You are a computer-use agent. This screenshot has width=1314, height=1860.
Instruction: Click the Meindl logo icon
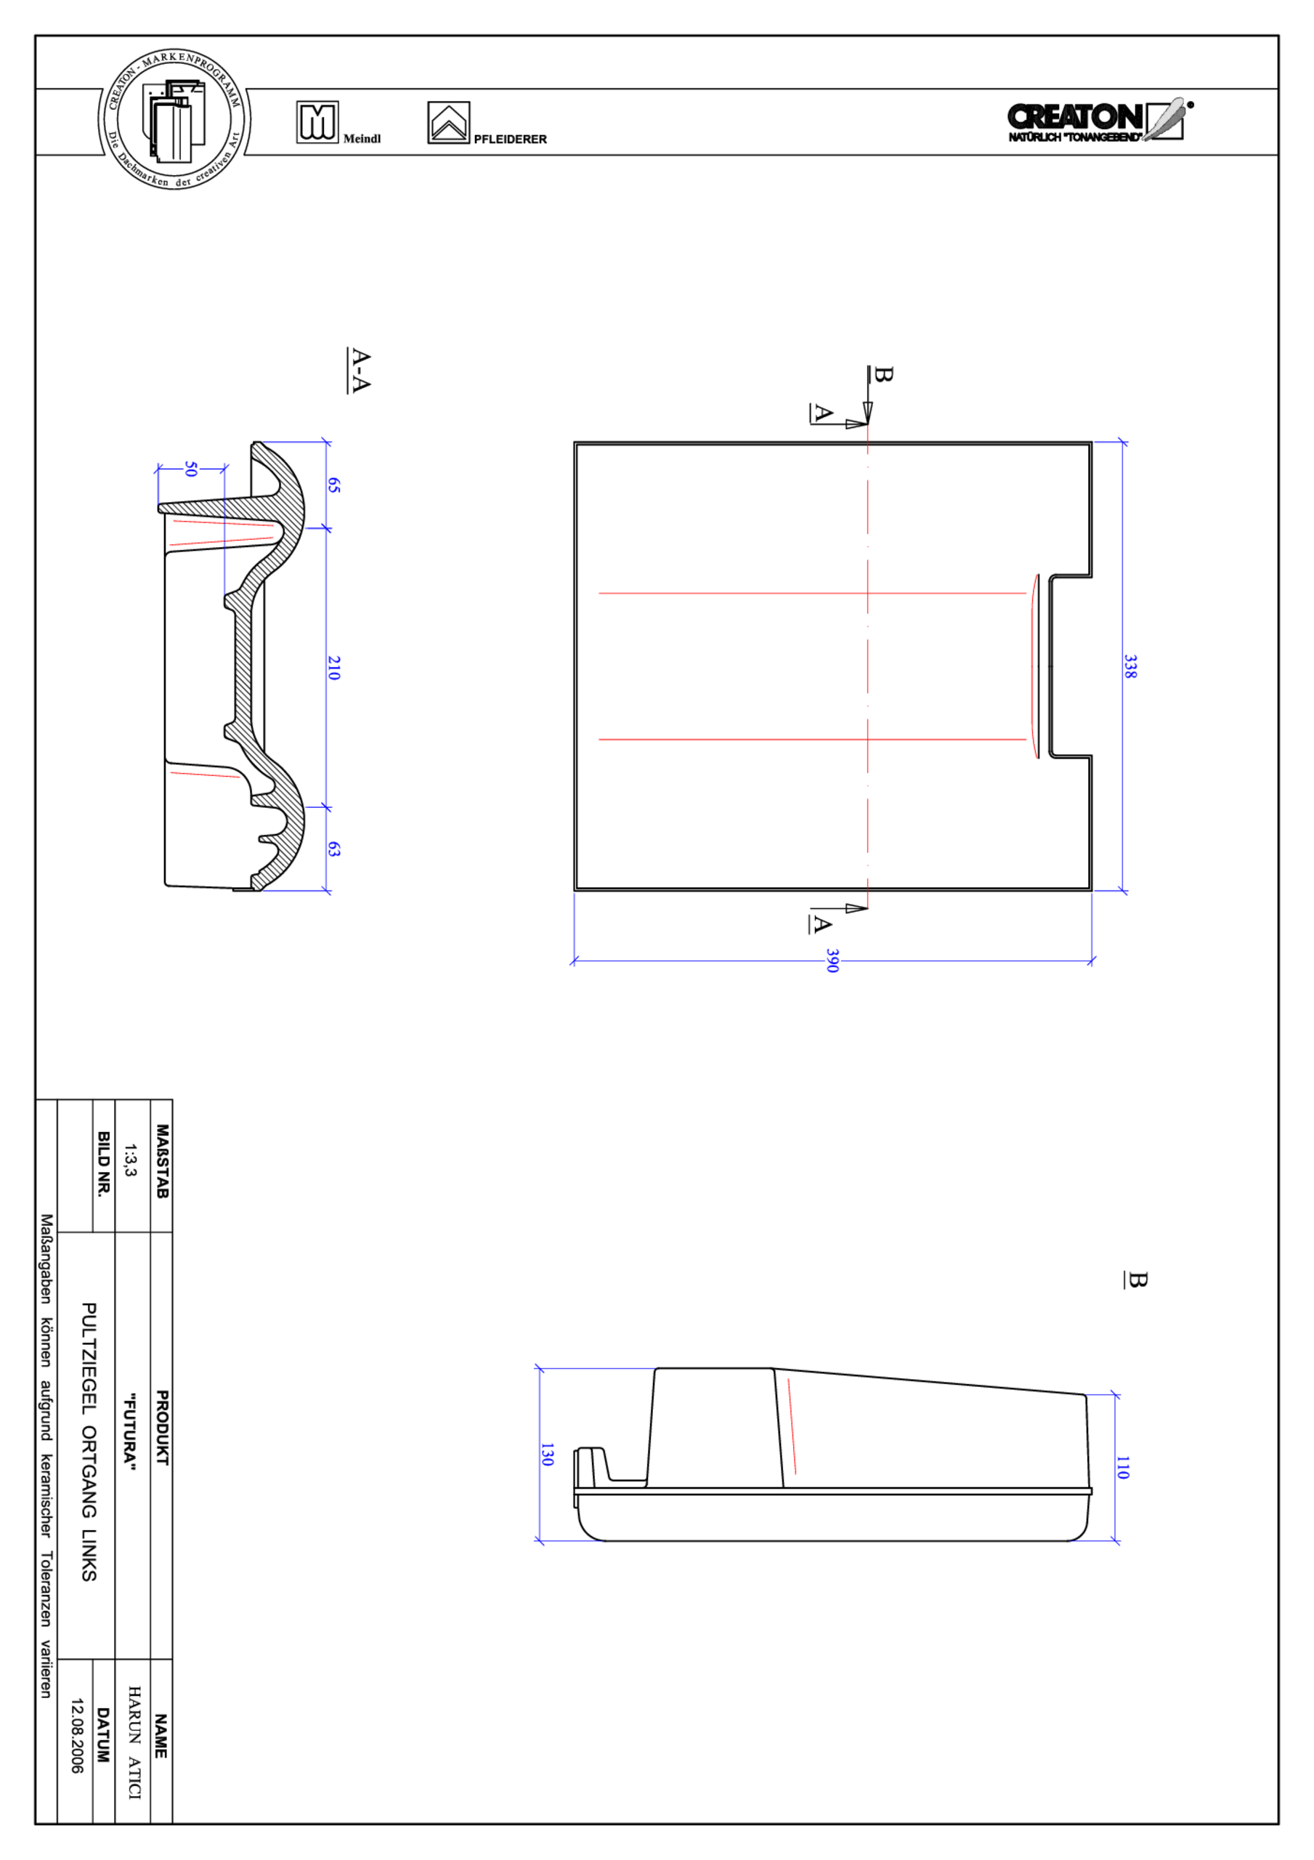(317, 122)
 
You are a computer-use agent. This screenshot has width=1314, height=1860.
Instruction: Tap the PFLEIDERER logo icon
(448, 122)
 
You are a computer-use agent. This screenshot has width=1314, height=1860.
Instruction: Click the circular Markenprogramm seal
(174, 120)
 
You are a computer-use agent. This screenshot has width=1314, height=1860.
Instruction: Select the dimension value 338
(1130, 667)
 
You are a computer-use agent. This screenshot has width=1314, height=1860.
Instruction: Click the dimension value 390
(832, 961)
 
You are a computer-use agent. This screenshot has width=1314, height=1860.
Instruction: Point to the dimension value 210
(333, 668)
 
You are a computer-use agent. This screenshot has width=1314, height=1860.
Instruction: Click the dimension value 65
(333, 485)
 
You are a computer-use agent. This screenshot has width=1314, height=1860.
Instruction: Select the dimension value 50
(191, 469)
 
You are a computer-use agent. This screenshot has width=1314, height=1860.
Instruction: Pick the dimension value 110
(1122, 1467)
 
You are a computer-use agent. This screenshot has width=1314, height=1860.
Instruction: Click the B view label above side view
(1137, 1280)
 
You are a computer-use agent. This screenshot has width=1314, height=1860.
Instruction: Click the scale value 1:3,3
(131, 1160)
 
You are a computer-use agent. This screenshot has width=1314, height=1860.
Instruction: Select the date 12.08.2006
(77, 1736)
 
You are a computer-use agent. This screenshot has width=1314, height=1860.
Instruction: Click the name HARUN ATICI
(134, 1742)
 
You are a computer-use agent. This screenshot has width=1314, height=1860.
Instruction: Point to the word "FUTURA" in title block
(129, 1431)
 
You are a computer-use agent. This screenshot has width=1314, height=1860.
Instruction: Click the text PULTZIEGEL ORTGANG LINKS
(89, 1442)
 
